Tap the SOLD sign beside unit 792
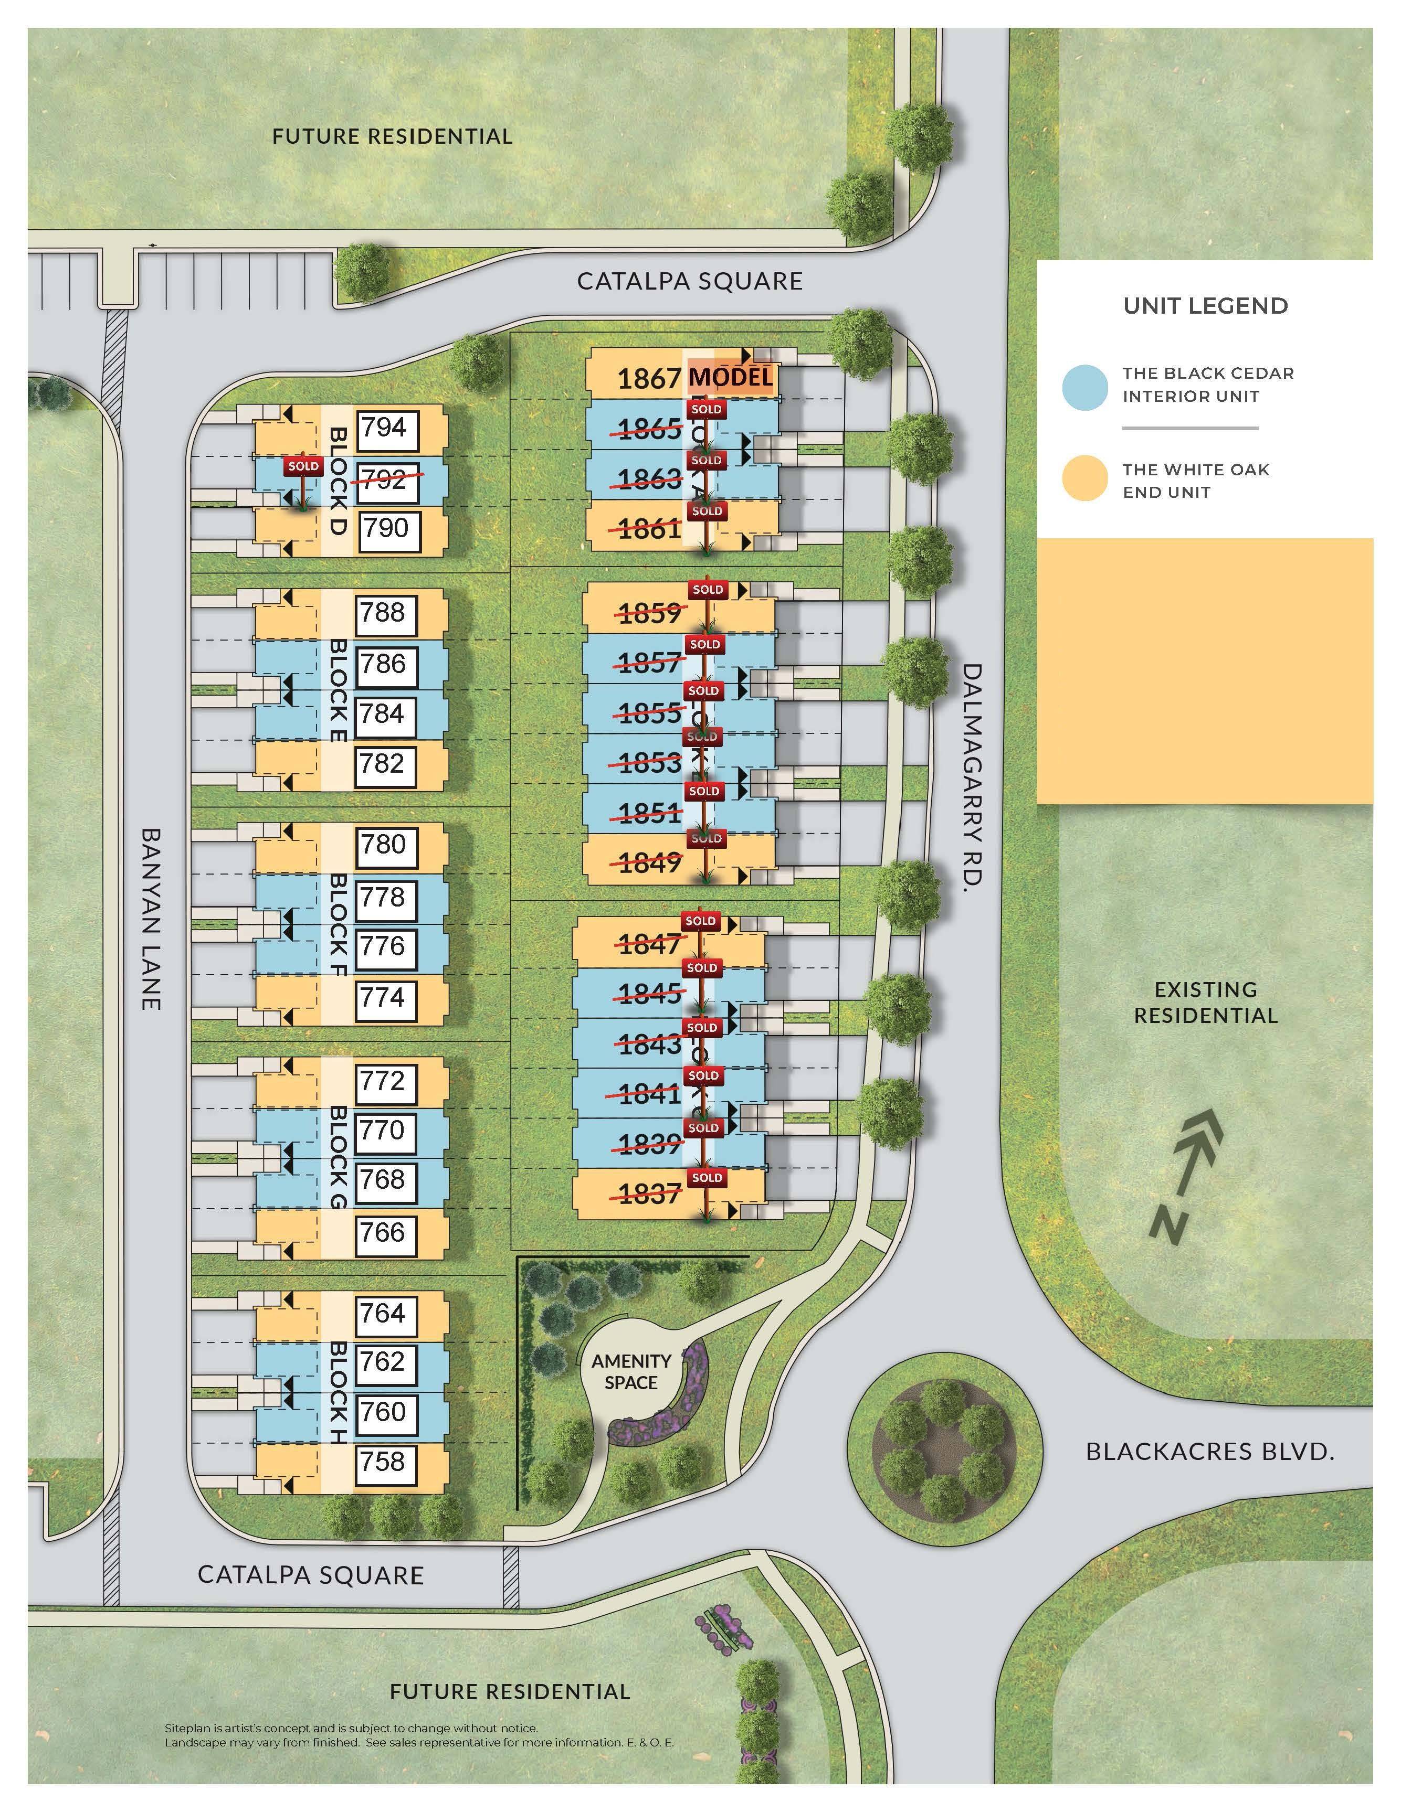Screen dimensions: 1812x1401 303,466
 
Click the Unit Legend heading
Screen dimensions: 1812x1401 1205,306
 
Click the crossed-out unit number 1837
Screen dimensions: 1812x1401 650,1195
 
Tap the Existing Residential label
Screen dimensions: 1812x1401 1205,1002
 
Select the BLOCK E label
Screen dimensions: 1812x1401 338,689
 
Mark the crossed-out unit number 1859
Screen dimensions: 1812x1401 650,614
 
